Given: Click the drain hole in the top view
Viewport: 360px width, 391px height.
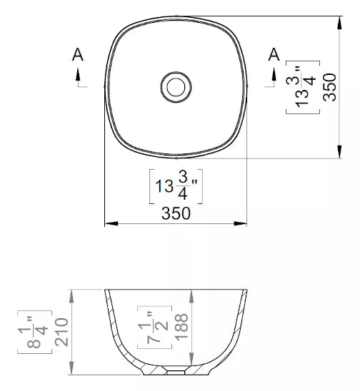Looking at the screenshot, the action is (x=176, y=87).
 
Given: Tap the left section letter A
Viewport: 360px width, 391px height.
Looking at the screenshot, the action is (x=78, y=55).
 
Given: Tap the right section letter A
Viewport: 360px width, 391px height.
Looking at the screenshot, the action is (x=274, y=55).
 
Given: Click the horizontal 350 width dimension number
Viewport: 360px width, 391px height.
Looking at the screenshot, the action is (x=176, y=213).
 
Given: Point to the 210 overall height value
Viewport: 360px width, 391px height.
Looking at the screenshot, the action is (x=61, y=332).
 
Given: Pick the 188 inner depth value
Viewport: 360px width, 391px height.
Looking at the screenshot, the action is (x=181, y=327).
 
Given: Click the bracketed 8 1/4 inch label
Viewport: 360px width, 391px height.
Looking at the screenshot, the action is (x=35, y=332).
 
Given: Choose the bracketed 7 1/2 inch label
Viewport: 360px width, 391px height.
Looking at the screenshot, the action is (x=154, y=327).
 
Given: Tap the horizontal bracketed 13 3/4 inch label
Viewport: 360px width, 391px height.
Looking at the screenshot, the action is (x=176, y=186).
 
